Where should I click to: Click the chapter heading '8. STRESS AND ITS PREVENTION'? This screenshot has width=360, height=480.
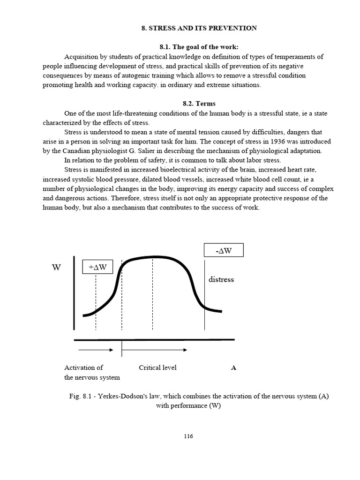199,28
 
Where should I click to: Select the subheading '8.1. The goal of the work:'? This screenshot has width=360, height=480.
199,47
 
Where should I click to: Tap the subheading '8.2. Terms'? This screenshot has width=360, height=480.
199,103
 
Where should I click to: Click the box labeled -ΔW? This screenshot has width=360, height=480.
224,250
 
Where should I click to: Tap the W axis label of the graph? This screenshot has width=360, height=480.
56,268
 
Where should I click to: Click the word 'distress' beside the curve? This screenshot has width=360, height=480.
221,279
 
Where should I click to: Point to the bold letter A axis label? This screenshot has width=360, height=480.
233,368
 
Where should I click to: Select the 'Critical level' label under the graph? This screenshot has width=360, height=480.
157,367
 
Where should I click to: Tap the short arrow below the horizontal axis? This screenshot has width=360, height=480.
96,350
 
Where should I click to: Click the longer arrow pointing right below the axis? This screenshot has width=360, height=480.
155,350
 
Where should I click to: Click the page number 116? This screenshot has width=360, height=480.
188,436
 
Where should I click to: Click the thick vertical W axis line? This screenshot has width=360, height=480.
74,293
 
